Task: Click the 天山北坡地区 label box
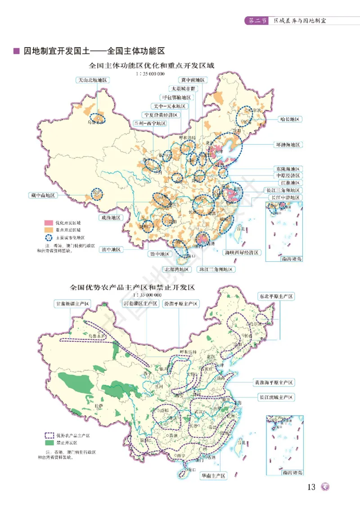[92, 80]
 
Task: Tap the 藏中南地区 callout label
[43, 195]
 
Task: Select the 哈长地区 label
[289, 119]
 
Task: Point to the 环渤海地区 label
[288, 145]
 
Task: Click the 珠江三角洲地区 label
[216, 269]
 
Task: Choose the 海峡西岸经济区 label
[242, 253]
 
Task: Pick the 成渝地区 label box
[110, 218]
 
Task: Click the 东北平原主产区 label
[276, 296]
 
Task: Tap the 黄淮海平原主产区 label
[274, 382]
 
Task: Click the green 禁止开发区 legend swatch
[49, 443]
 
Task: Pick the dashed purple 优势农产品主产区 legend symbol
[49, 436]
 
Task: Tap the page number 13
[311, 487]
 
